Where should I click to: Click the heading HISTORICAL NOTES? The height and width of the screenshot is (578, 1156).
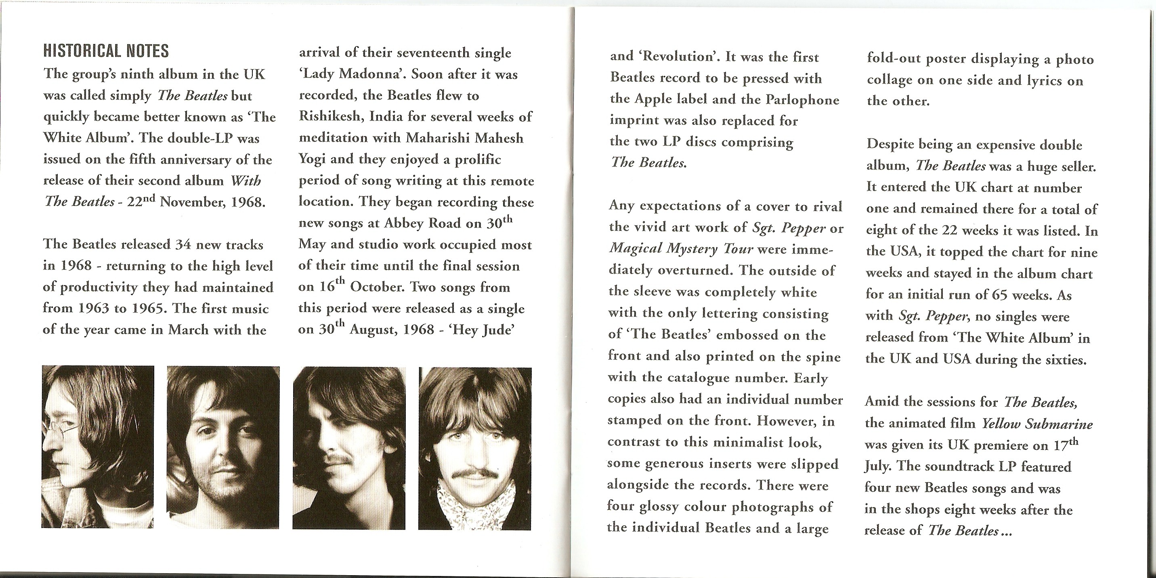coord(106,51)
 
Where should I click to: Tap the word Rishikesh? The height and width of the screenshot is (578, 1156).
coord(330,117)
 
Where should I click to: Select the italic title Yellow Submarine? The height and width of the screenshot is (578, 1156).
coord(1037,424)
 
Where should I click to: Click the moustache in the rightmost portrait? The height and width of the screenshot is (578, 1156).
coord(475,474)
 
